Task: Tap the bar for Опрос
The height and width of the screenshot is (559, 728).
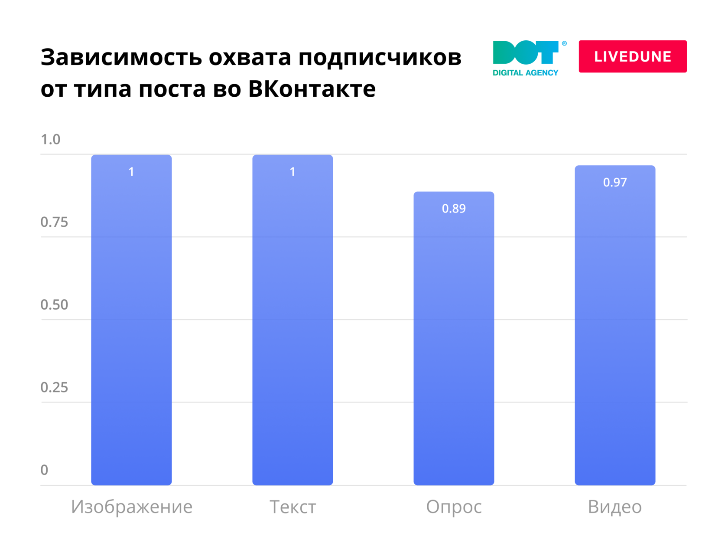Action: click(454, 338)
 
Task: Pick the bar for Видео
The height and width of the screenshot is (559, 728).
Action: click(615, 325)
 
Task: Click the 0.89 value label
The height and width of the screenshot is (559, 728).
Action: click(454, 209)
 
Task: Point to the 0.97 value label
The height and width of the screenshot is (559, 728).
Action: click(615, 182)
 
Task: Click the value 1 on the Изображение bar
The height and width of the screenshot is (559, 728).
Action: click(131, 172)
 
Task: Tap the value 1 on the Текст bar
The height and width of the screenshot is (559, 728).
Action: click(292, 172)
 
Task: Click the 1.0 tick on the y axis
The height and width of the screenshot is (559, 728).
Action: click(50, 140)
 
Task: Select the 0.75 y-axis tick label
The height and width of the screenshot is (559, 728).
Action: click(54, 222)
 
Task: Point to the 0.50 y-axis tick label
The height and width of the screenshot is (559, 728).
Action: click(54, 305)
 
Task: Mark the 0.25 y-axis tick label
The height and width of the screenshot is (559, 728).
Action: click(54, 388)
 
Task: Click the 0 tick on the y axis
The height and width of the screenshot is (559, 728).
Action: click(44, 470)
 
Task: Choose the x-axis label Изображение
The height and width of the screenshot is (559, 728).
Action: click(132, 507)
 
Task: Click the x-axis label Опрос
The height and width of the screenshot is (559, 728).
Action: click(454, 507)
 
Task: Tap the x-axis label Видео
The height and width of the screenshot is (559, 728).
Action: click(614, 507)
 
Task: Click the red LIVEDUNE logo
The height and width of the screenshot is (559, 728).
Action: click(632, 56)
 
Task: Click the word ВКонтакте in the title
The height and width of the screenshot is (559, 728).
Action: click(312, 89)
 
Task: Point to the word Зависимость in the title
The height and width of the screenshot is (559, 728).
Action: click(121, 57)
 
